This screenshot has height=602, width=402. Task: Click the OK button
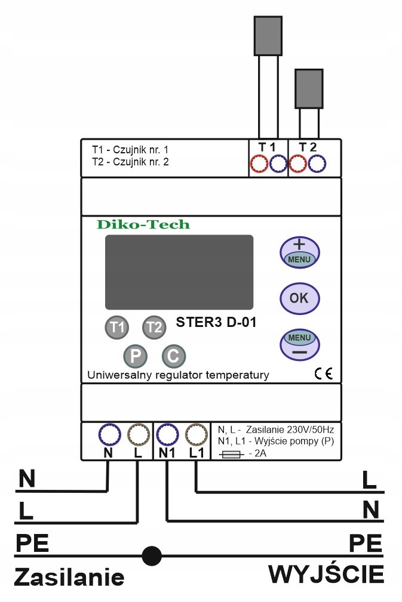pyautogui.click(x=300, y=297)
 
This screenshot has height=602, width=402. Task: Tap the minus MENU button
pyautogui.click(x=300, y=344)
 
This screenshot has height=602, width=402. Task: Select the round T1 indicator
pyautogui.click(x=118, y=327)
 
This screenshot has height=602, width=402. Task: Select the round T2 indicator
pyautogui.click(x=154, y=327)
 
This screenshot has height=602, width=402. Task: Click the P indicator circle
pyautogui.click(x=136, y=356)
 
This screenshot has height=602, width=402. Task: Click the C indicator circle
pyautogui.click(x=173, y=356)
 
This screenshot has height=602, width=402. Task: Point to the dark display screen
pyautogui.click(x=179, y=271)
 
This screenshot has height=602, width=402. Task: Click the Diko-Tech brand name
pyautogui.click(x=143, y=225)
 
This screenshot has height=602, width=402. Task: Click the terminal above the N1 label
pyautogui.click(x=168, y=433)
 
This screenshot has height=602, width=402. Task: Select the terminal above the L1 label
pyautogui.click(x=195, y=433)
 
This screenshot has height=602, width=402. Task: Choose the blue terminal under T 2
pyautogui.click(x=317, y=163)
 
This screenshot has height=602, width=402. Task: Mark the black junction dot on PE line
pyautogui.click(x=152, y=556)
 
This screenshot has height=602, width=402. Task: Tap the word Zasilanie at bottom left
pyautogui.click(x=69, y=578)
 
